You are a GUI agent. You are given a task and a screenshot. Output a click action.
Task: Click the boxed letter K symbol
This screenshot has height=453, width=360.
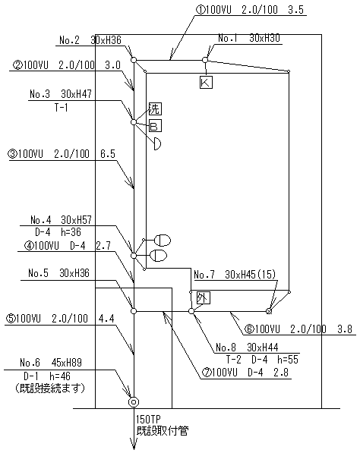click(206, 82)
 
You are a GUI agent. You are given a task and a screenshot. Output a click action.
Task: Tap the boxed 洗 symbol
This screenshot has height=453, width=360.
click(155, 109)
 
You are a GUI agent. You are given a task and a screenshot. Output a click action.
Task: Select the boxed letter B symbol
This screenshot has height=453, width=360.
click(155, 126)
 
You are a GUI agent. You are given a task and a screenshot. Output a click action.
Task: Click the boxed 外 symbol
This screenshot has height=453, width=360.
click(203, 298)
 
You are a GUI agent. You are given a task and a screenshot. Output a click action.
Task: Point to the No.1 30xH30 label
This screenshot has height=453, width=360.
click(249, 38)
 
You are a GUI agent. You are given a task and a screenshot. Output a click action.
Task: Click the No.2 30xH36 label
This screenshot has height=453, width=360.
click(90, 40)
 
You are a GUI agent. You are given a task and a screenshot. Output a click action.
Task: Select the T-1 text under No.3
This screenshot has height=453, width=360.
click(61, 108)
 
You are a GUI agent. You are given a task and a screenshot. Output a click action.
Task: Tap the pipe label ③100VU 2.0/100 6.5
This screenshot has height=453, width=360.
click(62, 154)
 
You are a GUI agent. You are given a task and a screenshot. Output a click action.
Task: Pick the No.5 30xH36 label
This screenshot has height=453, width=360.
click(59, 273)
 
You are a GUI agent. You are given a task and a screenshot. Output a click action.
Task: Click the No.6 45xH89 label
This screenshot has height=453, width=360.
click(51, 362)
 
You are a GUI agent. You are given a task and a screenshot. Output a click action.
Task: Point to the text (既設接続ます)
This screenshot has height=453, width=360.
click(50, 389)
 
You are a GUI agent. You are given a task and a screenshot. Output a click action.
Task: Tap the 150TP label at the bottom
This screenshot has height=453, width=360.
click(148, 419)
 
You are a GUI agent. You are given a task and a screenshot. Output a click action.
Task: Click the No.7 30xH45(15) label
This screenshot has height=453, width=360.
click(235, 275)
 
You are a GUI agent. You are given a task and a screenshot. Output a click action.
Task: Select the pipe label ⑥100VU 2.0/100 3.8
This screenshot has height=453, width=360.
click(298, 329)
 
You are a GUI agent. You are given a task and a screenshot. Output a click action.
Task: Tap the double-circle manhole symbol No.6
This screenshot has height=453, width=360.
click(134, 402)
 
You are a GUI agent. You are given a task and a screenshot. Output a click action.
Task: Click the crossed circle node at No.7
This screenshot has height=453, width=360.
click(269, 311)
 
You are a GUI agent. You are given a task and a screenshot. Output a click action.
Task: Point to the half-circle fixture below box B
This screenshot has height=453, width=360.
click(157, 143)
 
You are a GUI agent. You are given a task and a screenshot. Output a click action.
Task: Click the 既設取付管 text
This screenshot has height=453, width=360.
click(163, 432)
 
